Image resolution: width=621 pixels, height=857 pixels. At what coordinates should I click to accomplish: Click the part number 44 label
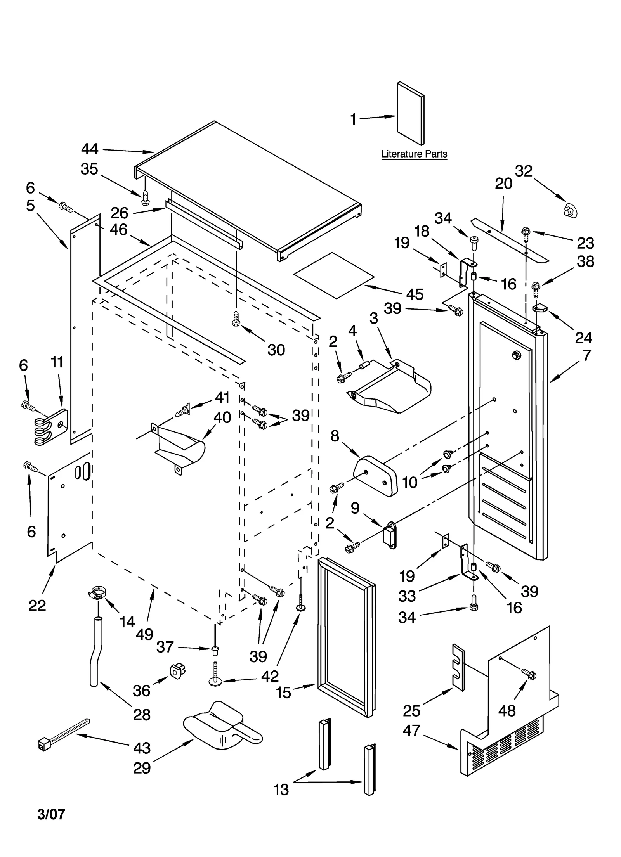point(90,149)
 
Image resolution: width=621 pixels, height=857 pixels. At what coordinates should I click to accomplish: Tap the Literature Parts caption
point(414,154)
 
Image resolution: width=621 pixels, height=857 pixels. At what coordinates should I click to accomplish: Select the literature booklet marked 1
point(410,113)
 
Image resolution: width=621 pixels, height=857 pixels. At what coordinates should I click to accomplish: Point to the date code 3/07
point(51,814)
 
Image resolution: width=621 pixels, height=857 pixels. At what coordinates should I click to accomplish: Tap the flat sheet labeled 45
point(334,275)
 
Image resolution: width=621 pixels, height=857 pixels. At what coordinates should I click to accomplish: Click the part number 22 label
point(37,605)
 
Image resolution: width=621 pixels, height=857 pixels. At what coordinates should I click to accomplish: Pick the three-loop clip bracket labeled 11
point(50,427)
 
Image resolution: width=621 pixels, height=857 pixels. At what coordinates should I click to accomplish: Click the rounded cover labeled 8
point(375,476)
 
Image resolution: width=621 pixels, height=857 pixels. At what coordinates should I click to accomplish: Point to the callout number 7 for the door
point(586,355)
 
